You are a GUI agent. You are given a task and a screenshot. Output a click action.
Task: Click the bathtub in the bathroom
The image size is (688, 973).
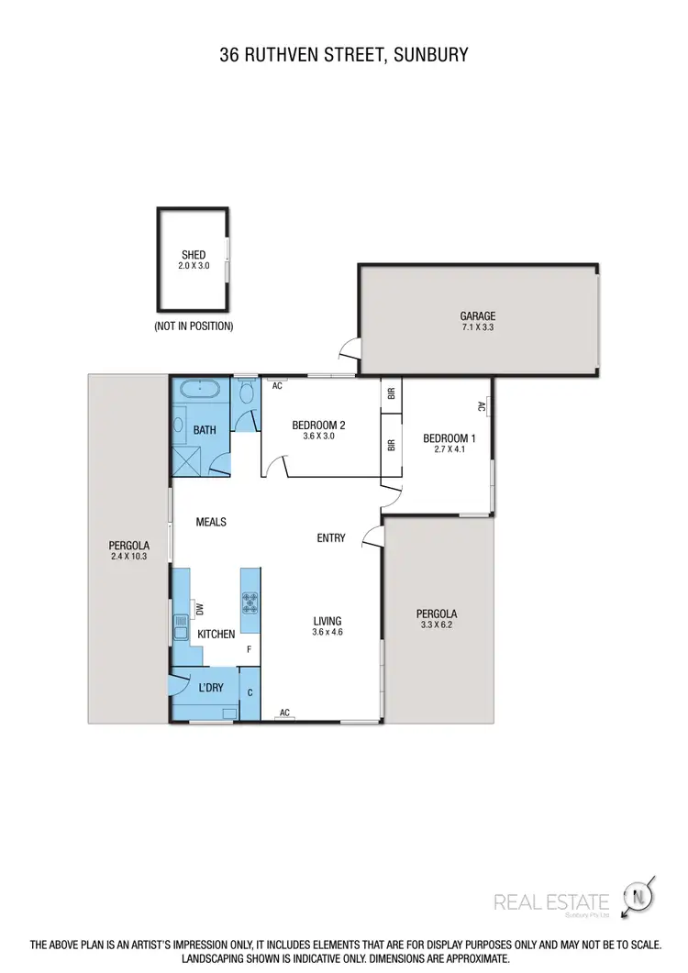pos(199,390)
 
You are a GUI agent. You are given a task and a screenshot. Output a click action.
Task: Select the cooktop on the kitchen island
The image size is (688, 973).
pos(250,603)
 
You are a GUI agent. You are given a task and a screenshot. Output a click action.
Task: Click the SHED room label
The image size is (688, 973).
pos(194,255)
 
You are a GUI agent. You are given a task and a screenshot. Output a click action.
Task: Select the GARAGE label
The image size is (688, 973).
pos(478,316)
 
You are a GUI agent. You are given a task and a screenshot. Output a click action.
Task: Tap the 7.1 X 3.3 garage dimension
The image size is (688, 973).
pos(478,327)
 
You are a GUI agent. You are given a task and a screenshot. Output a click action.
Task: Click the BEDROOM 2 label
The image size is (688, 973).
pos(318,425)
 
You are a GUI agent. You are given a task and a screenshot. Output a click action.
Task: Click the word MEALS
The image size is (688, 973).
pos(211,522)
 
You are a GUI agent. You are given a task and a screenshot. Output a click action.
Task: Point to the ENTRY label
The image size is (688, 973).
pos(331,538)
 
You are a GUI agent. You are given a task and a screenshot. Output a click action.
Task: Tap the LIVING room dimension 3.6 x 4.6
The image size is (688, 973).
pos(327,632)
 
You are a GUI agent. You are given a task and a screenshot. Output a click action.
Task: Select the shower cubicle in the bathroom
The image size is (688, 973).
pos(189,459)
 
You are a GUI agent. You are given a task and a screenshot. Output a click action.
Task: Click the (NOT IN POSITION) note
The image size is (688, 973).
pos(194,326)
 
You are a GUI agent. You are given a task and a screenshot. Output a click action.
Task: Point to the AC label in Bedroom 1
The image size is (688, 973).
pos(481,406)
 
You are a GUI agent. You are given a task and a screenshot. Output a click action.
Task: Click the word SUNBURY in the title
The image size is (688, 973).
pos(429,55)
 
